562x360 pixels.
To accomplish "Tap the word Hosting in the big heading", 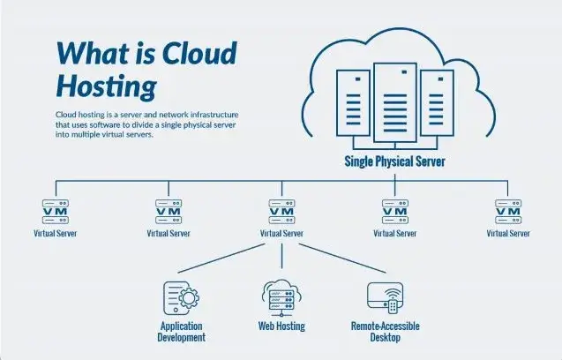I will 106,86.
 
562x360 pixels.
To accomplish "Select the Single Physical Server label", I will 394,161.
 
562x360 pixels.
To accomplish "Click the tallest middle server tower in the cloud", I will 394,102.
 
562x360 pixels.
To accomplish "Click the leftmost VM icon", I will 56,212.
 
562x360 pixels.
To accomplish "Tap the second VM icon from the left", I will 169,212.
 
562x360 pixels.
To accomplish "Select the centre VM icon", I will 282,212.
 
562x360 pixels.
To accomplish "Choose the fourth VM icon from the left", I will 394,212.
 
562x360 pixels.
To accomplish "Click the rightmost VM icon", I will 508,212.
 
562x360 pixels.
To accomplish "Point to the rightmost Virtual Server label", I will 508,234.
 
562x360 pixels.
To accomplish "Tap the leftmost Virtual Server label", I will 56,234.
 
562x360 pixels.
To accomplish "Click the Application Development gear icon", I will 181,296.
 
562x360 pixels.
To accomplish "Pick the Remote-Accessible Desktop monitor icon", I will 385,296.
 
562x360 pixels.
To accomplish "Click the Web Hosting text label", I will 281,326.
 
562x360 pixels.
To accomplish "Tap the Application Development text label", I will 182,332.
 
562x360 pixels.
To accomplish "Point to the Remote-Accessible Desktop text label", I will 385,332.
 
